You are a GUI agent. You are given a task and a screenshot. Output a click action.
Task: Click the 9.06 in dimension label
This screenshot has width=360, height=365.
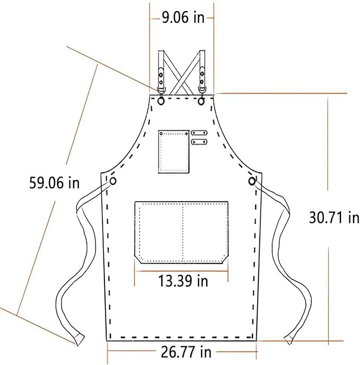pyautogui.click(x=183, y=17)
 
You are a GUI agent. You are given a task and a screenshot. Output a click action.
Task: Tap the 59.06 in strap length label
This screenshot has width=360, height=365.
pyautogui.click(x=54, y=183)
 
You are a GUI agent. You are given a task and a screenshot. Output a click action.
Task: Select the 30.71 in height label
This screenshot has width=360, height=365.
pyautogui.click(x=334, y=218)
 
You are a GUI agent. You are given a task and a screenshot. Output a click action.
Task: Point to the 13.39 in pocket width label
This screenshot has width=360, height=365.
pyautogui.click(x=183, y=281)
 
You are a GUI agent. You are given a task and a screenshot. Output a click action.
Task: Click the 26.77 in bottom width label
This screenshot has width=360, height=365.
pyautogui.click(x=186, y=352)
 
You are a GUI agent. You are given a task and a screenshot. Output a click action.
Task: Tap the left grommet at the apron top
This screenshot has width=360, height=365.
pyautogui.click(x=161, y=101)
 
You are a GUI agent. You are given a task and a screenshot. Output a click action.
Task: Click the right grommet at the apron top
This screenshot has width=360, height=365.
pyautogui.click(x=201, y=101)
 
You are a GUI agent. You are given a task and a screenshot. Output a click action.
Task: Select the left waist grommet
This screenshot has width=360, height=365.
pyautogui.click(x=113, y=181)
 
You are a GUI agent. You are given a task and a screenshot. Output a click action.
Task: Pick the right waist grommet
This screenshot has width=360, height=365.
pyautogui.click(x=252, y=181)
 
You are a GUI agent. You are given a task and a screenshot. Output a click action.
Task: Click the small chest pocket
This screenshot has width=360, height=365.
pyautogui.click(x=174, y=152)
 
